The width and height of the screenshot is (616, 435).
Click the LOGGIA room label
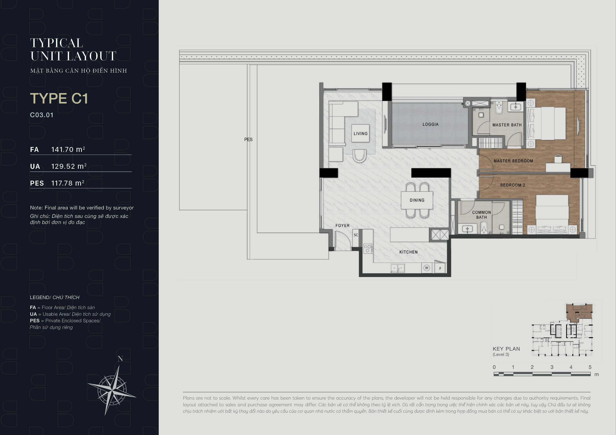point(430,124)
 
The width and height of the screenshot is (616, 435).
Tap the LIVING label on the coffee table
point(360,133)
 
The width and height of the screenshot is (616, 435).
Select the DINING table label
point(417,200)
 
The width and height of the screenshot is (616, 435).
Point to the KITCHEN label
point(408,252)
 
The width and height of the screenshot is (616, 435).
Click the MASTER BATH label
point(507,125)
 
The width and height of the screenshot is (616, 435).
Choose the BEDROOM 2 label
point(512,185)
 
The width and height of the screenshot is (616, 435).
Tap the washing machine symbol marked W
point(427,268)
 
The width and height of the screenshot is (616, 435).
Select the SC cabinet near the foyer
point(356,235)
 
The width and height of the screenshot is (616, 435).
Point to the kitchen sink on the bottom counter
point(398,268)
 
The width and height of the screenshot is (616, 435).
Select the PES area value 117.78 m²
point(68,183)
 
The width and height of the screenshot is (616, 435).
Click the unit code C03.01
point(42,115)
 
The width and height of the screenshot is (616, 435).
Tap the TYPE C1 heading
point(59,98)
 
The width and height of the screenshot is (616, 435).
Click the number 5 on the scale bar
point(590,367)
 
